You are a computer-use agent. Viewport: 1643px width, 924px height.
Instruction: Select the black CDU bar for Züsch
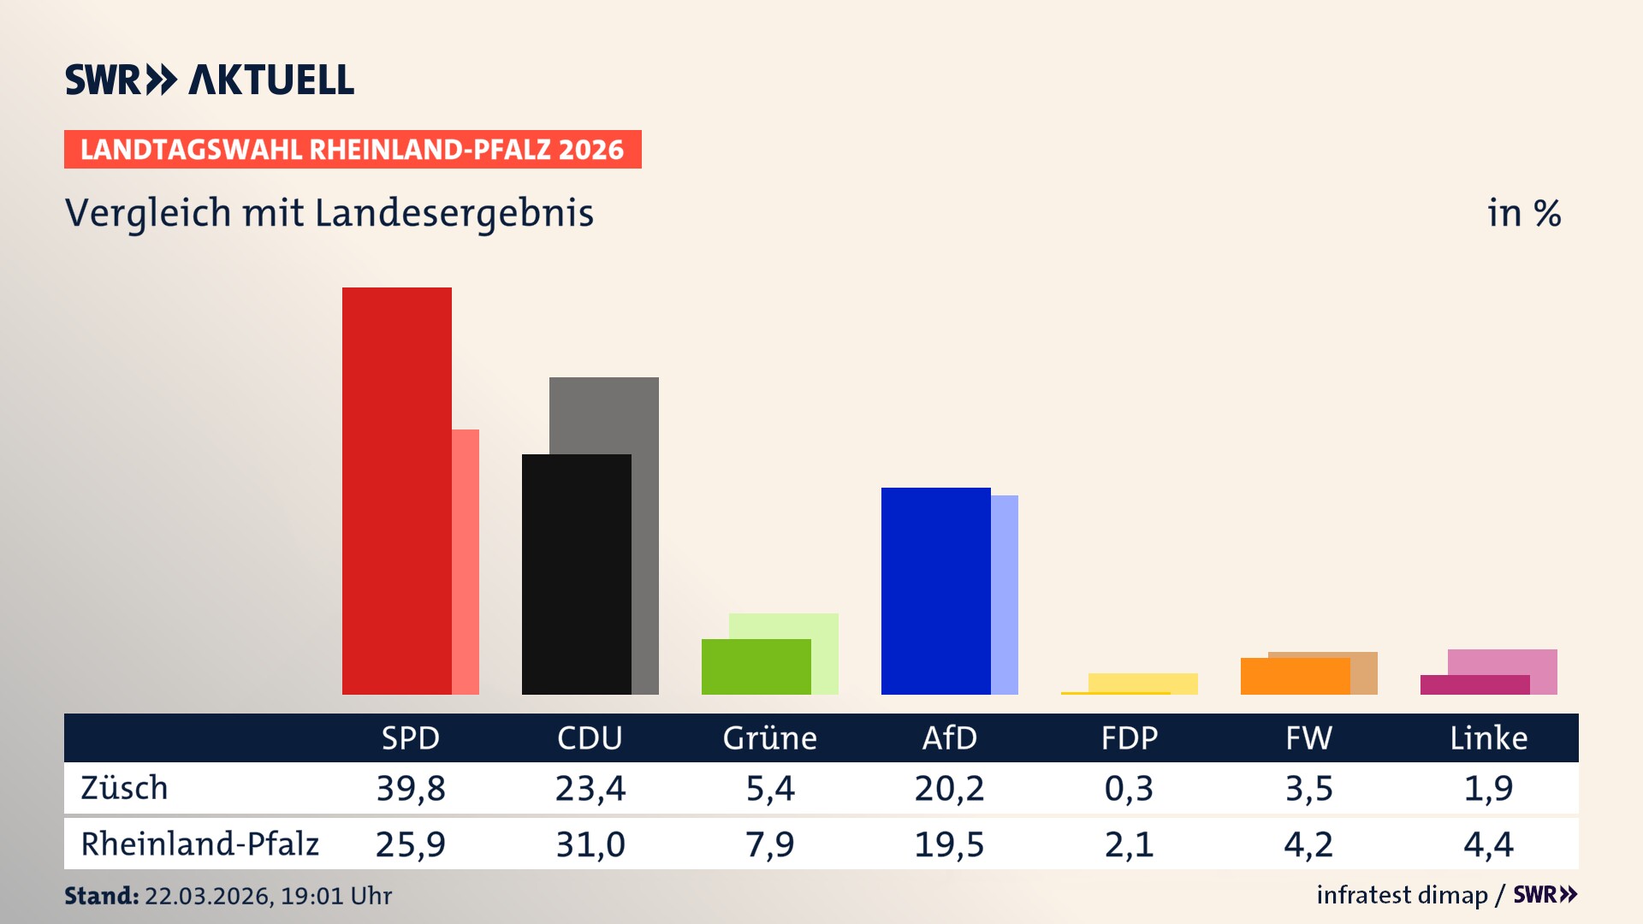click(576, 574)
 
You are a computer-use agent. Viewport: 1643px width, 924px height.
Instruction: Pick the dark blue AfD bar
click(935, 590)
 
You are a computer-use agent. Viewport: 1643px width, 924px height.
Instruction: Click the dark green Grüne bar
click(756, 666)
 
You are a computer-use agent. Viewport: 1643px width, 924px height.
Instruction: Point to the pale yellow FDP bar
click(1142, 682)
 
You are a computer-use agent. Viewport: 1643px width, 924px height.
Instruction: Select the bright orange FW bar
click(1295, 676)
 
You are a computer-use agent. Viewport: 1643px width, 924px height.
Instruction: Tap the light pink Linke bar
click(1503, 661)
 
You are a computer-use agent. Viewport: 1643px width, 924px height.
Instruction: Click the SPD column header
click(410, 737)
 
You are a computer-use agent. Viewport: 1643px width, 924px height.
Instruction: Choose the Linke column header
click(1488, 737)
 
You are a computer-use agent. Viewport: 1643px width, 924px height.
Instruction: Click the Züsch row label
click(124, 788)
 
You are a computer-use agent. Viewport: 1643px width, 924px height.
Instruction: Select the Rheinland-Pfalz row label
click(199, 844)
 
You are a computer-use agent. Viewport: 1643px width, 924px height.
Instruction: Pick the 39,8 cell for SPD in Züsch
click(410, 788)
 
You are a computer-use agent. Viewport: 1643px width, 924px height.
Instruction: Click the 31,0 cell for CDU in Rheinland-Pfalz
click(590, 844)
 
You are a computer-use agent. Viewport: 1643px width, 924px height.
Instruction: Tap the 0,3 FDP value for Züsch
click(1129, 788)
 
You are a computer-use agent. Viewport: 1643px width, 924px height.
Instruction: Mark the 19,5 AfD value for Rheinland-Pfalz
click(949, 844)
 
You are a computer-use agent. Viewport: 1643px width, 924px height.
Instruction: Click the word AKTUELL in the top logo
click(271, 80)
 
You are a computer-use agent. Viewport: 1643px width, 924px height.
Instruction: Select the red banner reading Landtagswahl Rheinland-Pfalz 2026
click(353, 150)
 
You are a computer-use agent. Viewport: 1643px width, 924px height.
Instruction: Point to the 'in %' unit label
click(1523, 213)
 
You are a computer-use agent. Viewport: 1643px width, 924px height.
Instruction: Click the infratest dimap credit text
click(1402, 895)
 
